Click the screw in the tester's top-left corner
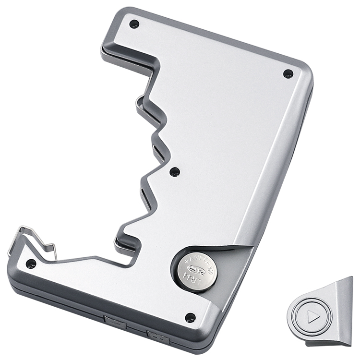pos(134,24)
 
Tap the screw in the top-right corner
pos(288,74)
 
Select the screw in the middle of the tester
pos(175,171)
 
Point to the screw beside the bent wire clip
pos(31,264)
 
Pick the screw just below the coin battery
pos(191,317)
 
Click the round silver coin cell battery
pos(195,270)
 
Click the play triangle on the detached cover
pos(312,317)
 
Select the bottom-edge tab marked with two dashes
pos(159,336)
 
